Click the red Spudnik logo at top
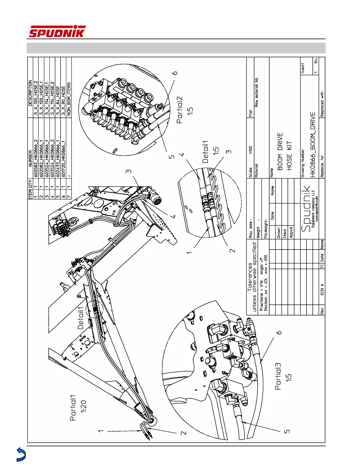57,32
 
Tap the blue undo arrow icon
21,454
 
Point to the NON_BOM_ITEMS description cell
69,99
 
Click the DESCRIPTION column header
30,93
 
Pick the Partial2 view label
180,110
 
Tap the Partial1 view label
73,408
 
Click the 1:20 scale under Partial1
84,406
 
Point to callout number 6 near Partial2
175,73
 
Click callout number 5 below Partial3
287,431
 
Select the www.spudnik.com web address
317,208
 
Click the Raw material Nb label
257,92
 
